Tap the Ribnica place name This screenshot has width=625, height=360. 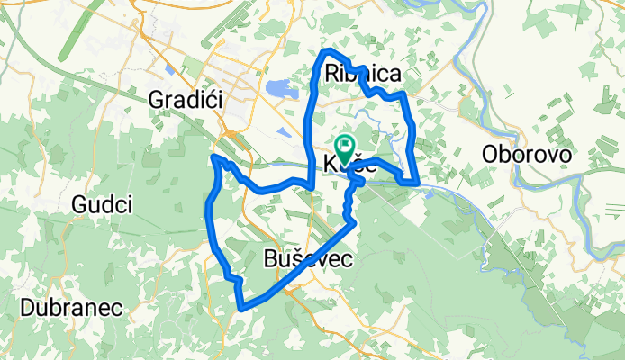[361, 73]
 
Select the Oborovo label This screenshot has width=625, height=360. [527, 154]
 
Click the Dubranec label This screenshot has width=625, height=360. [73, 306]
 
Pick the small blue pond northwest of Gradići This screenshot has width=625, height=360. [169, 68]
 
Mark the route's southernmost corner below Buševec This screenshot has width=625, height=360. [242, 309]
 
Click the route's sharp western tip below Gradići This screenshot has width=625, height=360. [213, 157]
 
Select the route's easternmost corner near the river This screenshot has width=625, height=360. [419, 183]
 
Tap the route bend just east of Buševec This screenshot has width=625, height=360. [355, 221]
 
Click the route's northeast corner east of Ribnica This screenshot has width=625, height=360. [404, 94]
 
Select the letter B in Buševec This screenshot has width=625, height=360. [272, 258]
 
